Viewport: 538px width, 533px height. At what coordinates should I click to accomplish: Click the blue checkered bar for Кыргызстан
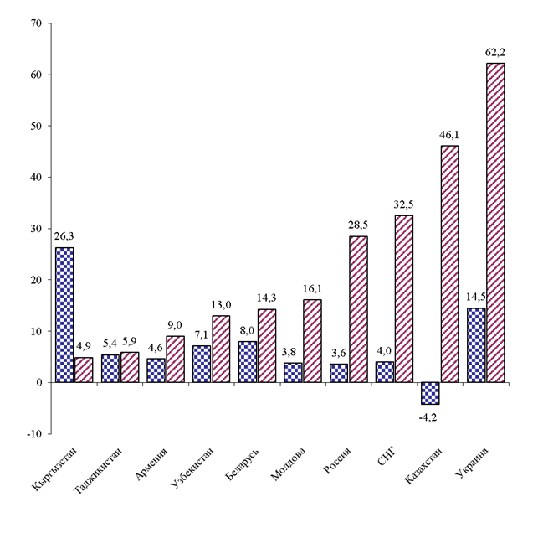pos(64,315)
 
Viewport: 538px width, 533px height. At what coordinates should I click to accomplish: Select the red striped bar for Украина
pos(495,222)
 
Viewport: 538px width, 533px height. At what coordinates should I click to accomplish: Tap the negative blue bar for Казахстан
pos(431,393)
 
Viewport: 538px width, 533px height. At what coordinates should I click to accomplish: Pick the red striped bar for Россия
pos(358,309)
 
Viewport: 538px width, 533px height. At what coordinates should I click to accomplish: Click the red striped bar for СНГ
pos(403,298)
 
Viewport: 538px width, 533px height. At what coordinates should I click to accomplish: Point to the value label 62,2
pos(495,52)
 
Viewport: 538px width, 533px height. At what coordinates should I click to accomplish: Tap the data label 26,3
pos(64,237)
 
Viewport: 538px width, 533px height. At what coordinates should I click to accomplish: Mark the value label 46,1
pos(450,135)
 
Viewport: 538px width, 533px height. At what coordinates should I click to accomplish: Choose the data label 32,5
pos(404,204)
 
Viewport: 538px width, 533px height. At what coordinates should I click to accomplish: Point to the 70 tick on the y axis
pos(35,23)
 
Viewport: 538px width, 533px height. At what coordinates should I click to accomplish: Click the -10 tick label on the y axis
pos(33,434)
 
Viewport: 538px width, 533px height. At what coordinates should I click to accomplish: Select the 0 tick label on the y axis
pos(38,383)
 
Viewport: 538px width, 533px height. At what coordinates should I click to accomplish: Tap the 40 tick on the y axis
pos(35,178)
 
